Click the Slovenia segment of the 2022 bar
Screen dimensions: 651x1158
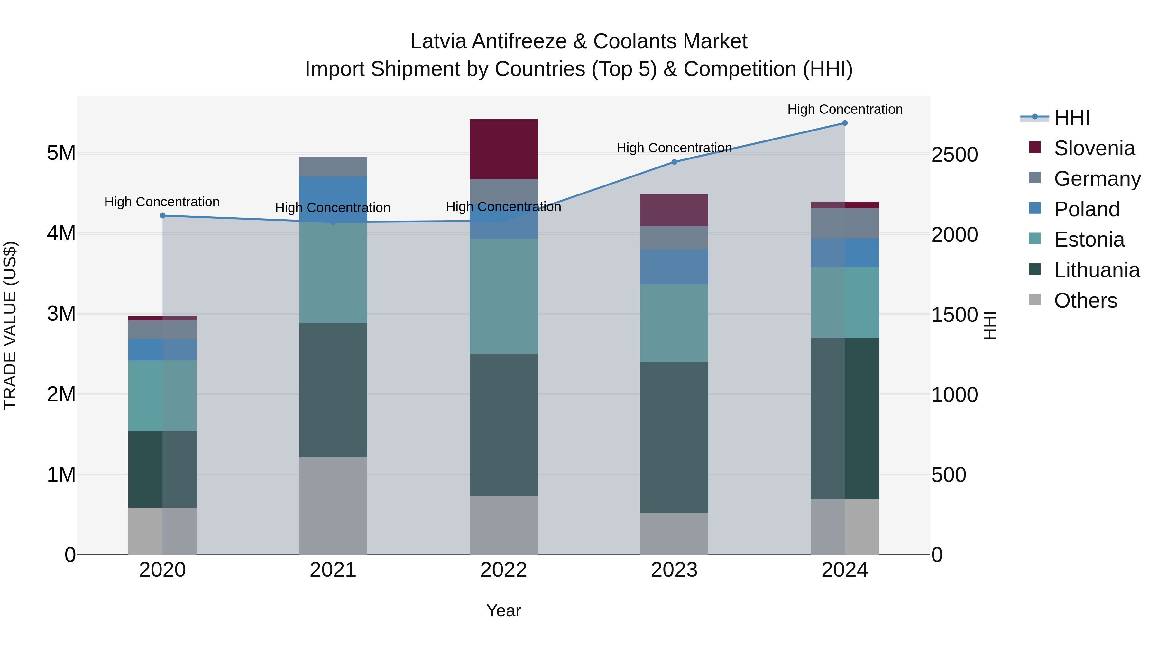(x=503, y=149)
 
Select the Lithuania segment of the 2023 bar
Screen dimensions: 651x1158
(x=674, y=437)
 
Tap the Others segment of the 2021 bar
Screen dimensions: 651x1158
(x=333, y=505)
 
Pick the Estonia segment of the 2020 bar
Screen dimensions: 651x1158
(x=162, y=395)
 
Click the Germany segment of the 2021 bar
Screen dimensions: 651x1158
(x=333, y=167)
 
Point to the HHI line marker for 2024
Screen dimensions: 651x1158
(x=845, y=123)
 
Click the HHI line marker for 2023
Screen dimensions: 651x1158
(x=674, y=162)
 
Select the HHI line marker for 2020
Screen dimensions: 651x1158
(x=162, y=216)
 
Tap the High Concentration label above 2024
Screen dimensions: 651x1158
(x=845, y=109)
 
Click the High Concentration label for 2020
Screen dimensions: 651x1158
(x=162, y=202)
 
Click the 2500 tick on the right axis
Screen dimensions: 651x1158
(x=954, y=155)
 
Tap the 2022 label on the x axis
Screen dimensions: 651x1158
(x=503, y=570)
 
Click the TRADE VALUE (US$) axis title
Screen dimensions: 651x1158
(x=10, y=325)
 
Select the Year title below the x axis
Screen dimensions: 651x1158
(x=503, y=610)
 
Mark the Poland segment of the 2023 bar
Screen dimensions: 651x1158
(x=674, y=267)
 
